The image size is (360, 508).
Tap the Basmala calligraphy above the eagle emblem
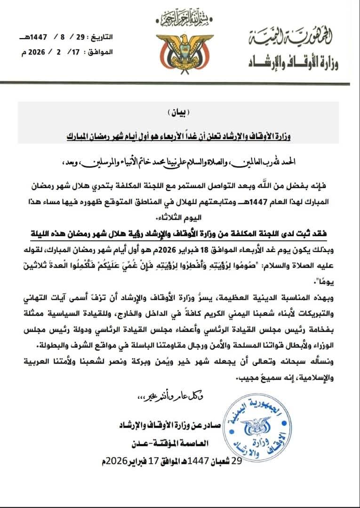pyautogui.click(x=181, y=19)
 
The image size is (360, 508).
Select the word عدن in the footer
pyautogui.click(x=143, y=443)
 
